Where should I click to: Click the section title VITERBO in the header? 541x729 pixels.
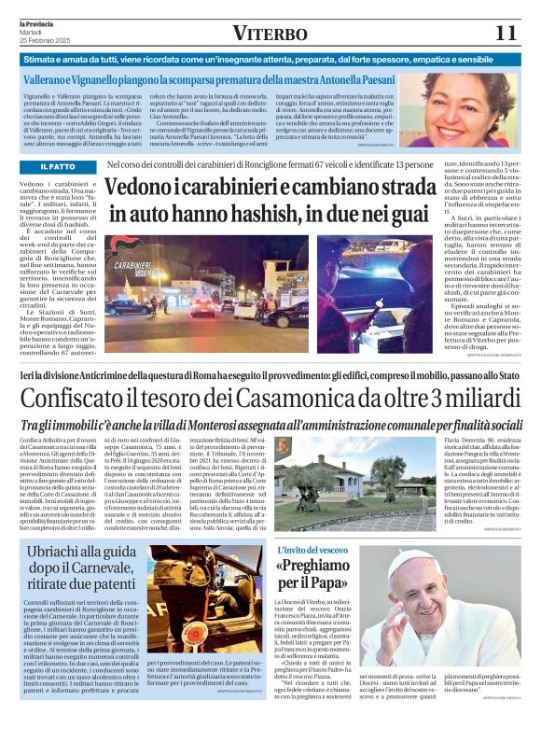coord(270,34)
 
